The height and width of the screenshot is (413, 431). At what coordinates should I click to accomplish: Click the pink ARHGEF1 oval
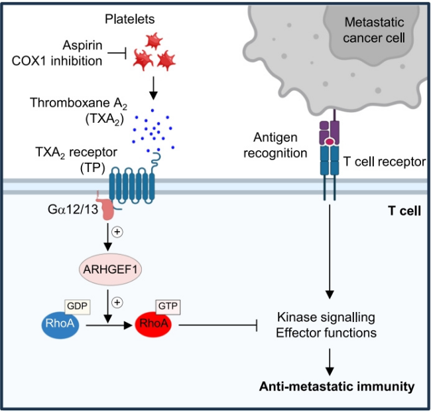coord(110,270)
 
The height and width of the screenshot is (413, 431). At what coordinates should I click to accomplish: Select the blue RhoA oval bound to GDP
coord(60,324)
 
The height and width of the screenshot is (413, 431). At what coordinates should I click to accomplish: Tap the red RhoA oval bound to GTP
coord(153,324)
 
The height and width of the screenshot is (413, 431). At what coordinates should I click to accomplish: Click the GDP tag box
coord(77,306)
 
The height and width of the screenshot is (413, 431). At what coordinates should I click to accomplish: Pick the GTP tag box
coord(168,306)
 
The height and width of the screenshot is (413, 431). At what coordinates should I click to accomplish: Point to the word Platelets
coord(130,19)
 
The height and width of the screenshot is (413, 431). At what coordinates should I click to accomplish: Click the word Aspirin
coord(82,45)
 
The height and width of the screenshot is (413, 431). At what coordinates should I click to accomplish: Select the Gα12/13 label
coord(73,210)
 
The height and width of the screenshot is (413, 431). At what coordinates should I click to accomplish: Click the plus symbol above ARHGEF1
coord(117,232)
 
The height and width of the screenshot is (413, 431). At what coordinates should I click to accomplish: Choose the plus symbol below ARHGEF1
coord(117,303)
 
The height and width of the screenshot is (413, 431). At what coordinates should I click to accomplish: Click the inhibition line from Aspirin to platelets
coord(117,53)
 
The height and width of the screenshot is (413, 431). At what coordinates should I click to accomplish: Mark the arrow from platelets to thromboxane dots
coord(153,88)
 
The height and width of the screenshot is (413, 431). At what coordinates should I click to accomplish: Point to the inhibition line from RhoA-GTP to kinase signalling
coord(218,325)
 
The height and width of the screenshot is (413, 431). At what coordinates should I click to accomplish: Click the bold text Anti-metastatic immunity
coord(337,386)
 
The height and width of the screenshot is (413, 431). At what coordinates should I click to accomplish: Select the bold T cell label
coord(404,211)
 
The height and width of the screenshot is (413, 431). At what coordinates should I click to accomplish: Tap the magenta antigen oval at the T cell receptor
coord(330,142)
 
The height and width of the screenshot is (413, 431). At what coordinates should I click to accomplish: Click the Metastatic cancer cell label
coord(374,30)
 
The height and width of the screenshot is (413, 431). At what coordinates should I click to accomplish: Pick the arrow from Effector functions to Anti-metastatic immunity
coord(330,362)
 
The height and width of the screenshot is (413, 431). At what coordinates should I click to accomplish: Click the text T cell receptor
coord(385,161)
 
